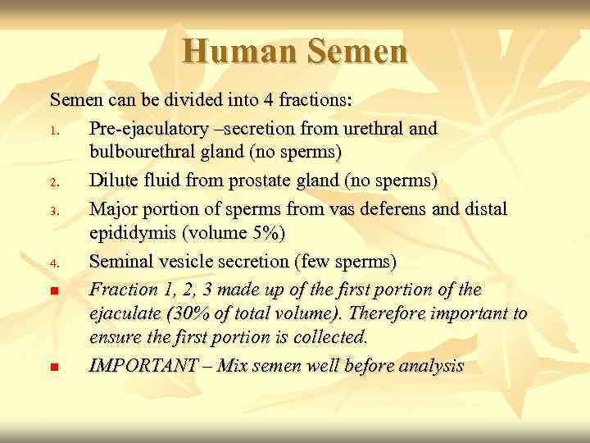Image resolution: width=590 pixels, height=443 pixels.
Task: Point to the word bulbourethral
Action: pos(145,153)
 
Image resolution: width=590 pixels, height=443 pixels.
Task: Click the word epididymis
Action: pos(133,234)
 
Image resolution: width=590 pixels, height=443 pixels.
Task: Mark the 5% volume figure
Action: pos(265,234)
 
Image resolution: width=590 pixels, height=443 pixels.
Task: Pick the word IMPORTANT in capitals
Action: pos(142,366)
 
